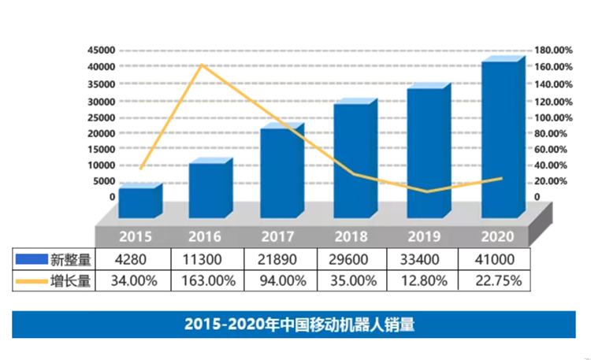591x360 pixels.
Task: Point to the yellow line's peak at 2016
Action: tap(202, 65)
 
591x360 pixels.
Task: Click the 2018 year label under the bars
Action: tap(351, 236)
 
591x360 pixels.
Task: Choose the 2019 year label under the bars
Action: tap(426, 236)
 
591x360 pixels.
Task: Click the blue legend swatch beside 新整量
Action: tap(31, 259)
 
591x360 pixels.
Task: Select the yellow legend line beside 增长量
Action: tap(31, 281)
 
